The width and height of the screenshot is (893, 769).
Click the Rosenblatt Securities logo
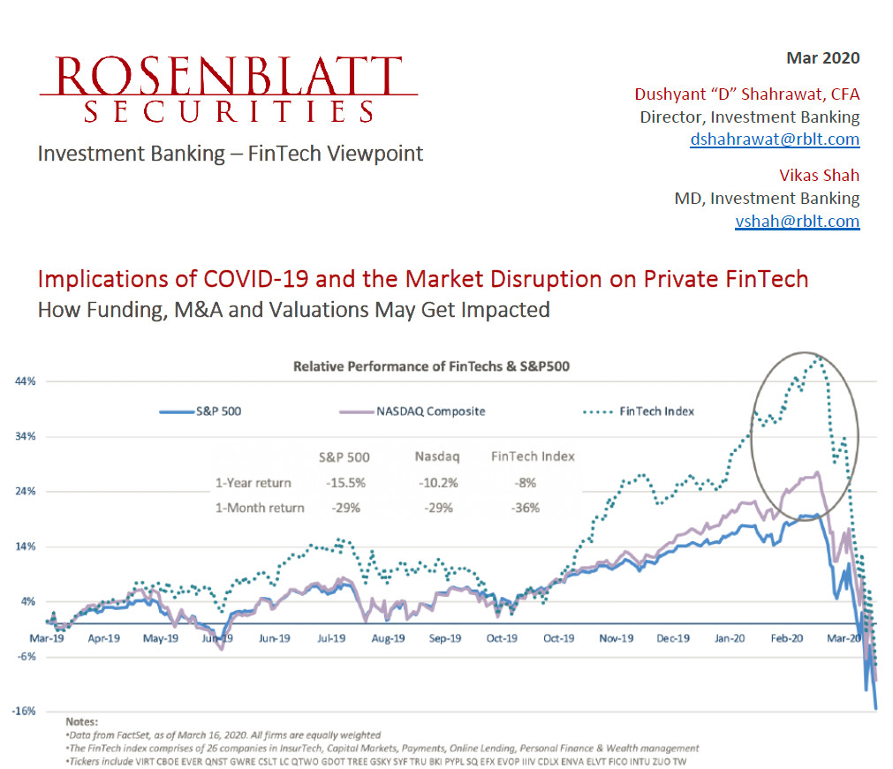click(228, 89)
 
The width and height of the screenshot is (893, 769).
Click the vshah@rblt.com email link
click(797, 222)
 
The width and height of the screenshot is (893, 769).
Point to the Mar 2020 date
click(822, 59)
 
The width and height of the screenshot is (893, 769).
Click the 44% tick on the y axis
click(24, 381)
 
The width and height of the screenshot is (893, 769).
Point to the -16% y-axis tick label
click(24, 711)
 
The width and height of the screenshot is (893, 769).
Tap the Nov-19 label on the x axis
click(616, 637)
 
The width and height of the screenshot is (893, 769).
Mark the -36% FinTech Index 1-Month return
click(526, 508)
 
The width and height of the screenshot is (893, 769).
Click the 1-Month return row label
click(260, 508)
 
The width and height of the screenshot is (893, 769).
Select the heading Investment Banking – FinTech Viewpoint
click(230, 154)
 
